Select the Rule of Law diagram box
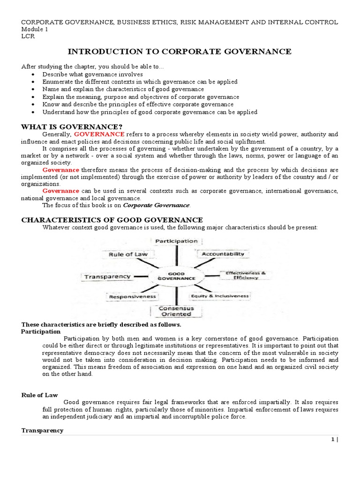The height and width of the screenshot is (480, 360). (128, 255)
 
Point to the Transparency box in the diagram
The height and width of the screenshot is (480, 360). (107, 277)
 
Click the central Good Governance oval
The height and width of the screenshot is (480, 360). (176, 276)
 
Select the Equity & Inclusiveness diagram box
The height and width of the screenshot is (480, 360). (219, 296)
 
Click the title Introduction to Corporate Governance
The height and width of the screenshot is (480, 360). (180, 51)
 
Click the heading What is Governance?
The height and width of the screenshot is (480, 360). (72, 126)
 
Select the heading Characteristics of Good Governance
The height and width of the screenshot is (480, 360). (112, 219)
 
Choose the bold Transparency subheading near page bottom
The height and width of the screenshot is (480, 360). (42, 430)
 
